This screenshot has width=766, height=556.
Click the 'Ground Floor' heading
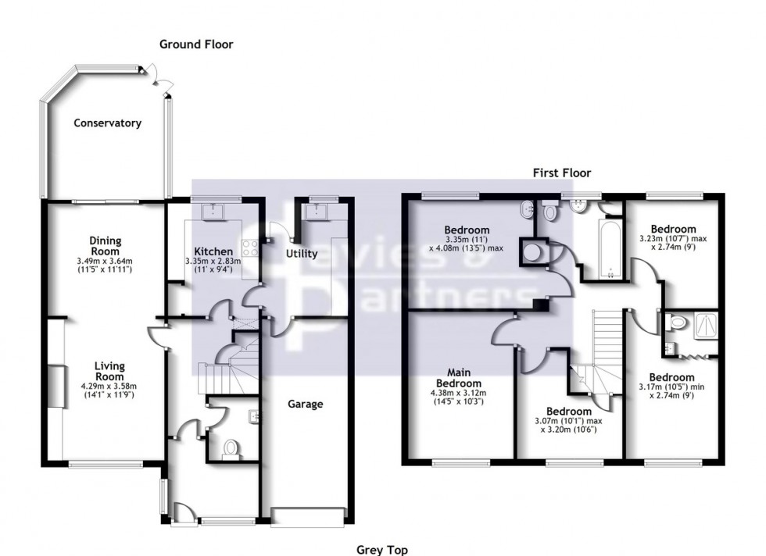click(x=196, y=45)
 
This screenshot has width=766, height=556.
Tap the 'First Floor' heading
click(x=561, y=173)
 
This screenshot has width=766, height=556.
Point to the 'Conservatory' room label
click(x=107, y=123)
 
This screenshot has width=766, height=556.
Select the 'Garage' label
click(x=305, y=404)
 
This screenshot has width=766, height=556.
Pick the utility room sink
click(x=317, y=210)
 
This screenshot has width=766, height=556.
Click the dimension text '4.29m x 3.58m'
click(x=105, y=385)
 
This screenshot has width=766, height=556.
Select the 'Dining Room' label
click(x=105, y=246)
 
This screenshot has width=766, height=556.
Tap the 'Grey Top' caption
click(x=382, y=550)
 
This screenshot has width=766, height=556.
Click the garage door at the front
click(x=308, y=515)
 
